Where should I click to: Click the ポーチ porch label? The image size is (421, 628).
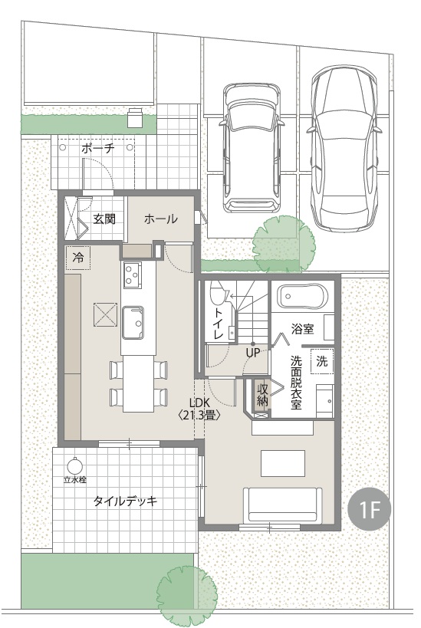tap(97, 148)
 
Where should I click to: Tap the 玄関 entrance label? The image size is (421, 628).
tap(104, 219)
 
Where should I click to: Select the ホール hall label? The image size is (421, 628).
tap(160, 219)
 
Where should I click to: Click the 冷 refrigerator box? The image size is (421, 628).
tap(78, 258)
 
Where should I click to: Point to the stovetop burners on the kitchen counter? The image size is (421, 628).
tap(132, 275)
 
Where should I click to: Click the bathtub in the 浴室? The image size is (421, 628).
tap(303, 297)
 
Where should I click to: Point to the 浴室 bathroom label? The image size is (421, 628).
tap(303, 329)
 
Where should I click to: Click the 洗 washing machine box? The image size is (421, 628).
tap(322, 361)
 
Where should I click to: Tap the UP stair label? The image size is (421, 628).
tap(253, 353)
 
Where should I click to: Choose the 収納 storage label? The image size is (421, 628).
tap(263, 396)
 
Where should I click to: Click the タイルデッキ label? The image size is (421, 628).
tap(125, 501)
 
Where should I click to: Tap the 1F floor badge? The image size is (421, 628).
tap(369, 508)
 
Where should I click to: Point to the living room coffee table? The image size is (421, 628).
tap(283, 463)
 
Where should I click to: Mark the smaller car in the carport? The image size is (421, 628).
tap(252, 147)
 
